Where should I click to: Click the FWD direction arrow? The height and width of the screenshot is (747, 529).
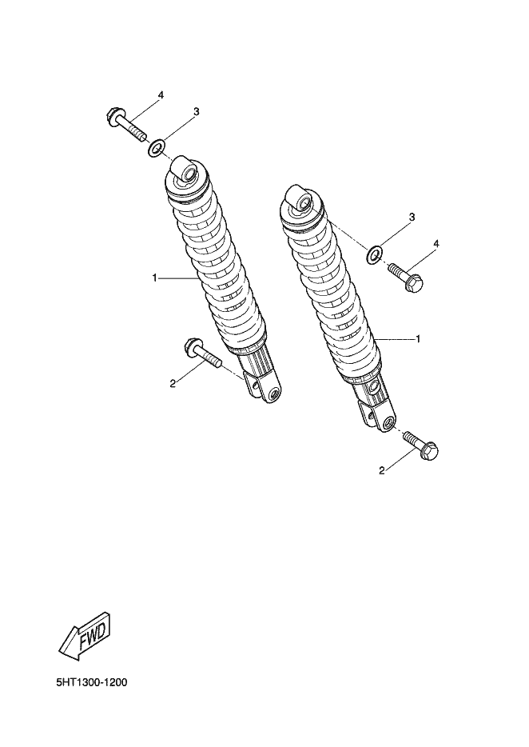85,636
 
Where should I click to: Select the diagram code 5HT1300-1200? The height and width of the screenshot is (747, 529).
92,683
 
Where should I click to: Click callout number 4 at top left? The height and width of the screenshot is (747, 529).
161,95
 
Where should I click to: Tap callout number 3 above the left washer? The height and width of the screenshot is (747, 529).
196,111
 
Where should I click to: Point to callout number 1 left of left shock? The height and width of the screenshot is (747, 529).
154,278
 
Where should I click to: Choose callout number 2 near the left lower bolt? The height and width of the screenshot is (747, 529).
173,383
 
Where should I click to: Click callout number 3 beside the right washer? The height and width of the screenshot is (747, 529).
412,218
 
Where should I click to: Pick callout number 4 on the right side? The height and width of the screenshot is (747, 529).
436,243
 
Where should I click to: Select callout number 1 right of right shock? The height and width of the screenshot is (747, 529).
418,339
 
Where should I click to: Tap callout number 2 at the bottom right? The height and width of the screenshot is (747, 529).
381,471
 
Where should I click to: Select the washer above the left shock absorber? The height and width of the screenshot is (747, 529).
157,148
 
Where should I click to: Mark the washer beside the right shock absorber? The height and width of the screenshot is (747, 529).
374,254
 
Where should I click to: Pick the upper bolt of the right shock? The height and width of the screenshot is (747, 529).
406,278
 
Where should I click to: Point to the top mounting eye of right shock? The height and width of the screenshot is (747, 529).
300,198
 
